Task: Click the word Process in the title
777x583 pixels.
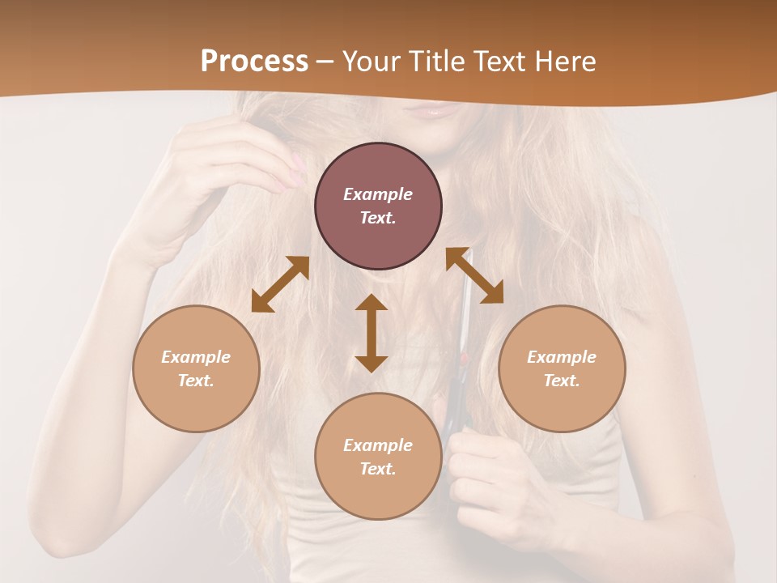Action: click(254, 62)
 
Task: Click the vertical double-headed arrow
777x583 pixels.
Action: click(372, 333)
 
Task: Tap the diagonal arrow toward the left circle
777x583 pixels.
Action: click(280, 283)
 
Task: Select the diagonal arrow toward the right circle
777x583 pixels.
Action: click(474, 275)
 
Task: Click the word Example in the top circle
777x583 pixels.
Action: click(378, 194)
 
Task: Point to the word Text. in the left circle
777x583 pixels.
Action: click(196, 381)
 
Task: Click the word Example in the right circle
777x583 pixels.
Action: click(562, 357)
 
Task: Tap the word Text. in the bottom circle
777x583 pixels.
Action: click(378, 469)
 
